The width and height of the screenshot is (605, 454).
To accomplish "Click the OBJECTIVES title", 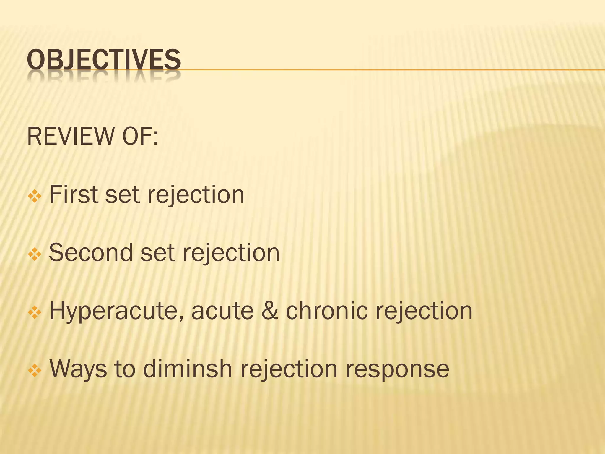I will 104,60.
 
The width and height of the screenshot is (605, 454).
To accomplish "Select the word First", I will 74,194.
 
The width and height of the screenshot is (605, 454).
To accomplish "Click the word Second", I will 90,253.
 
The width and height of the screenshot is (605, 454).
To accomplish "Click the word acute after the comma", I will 222,311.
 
